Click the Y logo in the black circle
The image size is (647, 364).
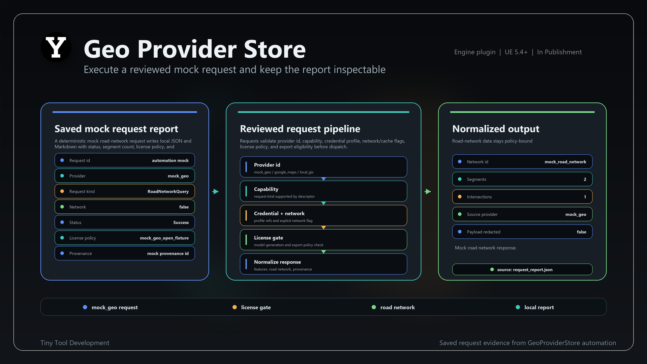pyautogui.click(x=56, y=47)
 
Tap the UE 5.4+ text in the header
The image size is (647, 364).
pyautogui.click(x=516, y=52)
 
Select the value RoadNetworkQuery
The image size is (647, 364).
pyautogui.click(x=168, y=191)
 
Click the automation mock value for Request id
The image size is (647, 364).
pyautogui.click(x=170, y=160)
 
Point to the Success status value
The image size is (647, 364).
pyautogui.click(x=181, y=222)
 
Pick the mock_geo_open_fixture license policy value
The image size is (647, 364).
pyautogui.click(x=164, y=238)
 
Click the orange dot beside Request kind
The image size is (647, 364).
pyautogui.click(x=62, y=191)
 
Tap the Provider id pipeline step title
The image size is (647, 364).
pyautogui.click(x=267, y=165)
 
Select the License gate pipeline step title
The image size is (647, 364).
pyautogui.click(x=269, y=238)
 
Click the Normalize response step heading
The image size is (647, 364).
pyautogui.click(x=277, y=262)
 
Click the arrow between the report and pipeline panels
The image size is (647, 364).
pyautogui.click(x=216, y=191)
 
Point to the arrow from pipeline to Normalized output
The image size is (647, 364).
pyautogui.click(x=428, y=191)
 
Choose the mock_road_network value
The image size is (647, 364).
pyautogui.click(x=565, y=162)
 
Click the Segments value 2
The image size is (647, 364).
pyautogui.click(x=585, y=179)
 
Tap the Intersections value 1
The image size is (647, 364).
pyautogui.click(x=585, y=197)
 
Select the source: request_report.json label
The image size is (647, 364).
pyautogui.click(x=525, y=270)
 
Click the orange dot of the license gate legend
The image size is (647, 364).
pyautogui.click(x=235, y=307)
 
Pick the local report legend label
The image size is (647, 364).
pyautogui.click(x=539, y=307)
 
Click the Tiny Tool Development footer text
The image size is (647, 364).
pyautogui.click(x=75, y=343)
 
